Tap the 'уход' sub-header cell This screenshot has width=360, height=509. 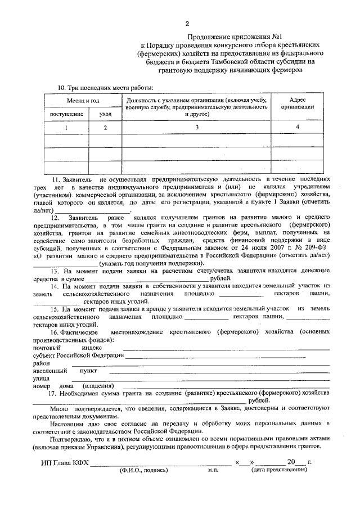pos(105,114)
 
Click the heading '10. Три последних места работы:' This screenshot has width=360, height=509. pos(106,87)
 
